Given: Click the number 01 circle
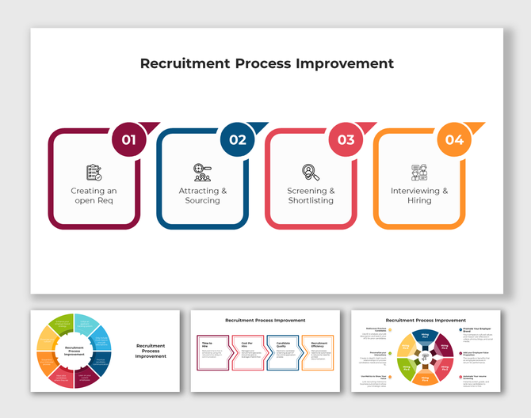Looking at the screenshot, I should [129, 140].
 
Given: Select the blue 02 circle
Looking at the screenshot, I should [238, 140].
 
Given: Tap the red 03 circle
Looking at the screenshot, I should [346, 140].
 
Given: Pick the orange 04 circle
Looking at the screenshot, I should [454, 140].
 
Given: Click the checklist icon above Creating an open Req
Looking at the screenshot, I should [94, 172].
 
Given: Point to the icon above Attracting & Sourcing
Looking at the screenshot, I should [202, 172].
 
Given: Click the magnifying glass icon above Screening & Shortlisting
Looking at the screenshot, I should [311, 172].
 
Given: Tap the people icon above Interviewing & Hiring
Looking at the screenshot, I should [419, 172].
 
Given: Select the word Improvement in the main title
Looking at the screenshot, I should [345, 63].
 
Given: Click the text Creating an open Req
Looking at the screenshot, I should [94, 196].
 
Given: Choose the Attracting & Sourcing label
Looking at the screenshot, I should [202, 196].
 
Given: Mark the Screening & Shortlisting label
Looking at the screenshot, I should [311, 196].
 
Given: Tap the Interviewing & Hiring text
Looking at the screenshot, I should [419, 196].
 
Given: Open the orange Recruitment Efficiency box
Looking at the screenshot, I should [318, 352].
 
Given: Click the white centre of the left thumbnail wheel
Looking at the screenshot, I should [74, 351].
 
